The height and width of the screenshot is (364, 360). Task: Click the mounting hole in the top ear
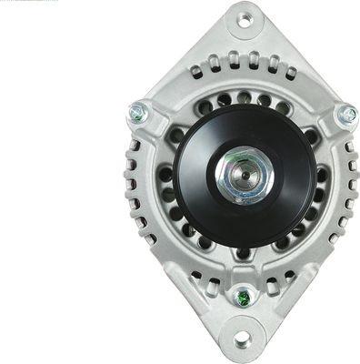coord(244,18)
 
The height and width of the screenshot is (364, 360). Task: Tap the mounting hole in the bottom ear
coord(242,339)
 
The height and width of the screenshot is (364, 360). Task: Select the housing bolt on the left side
coord(137,113)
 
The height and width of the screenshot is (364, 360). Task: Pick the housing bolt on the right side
coord(347,115)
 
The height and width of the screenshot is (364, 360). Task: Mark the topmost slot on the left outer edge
coord(134,146)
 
